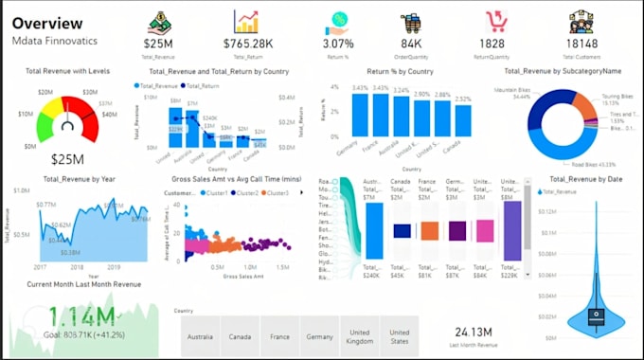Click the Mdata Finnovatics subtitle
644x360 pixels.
(x=56, y=43)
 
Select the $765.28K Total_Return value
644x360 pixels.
(x=247, y=44)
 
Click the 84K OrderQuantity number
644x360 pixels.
(x=411, y=44)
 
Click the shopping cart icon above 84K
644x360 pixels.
(x=411, y=22)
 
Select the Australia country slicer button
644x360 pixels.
(x=200, y=335)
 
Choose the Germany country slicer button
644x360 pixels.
(x=319, y=335)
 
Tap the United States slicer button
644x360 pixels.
(x=399, y=335)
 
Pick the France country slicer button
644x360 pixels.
(x=279, y=335)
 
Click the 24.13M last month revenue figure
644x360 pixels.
(x=473, y=331)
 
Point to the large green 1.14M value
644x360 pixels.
(x=82, y=317)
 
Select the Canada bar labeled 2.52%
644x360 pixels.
(x=462, y=120)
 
